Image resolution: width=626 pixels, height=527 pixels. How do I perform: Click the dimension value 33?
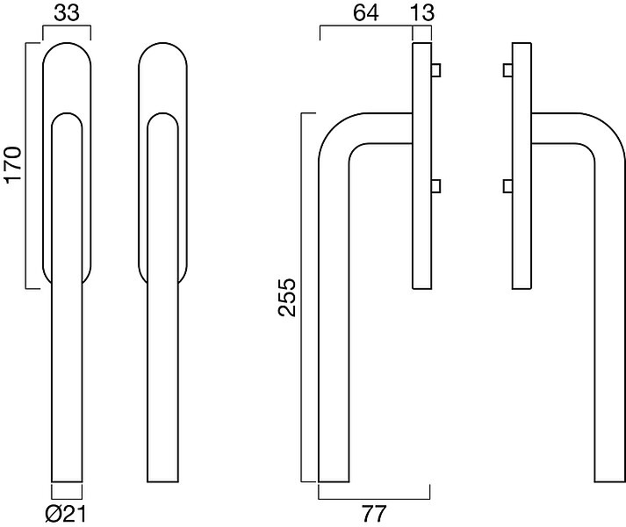click(x=67, y=13)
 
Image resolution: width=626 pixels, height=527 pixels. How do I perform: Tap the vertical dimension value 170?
click(x=12, y=165)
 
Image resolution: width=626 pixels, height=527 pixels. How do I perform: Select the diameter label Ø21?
click(x=66, y=514)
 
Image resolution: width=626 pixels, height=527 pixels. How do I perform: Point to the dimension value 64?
click(x=366, y=13)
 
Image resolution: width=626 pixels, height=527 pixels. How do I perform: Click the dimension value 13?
click(x=422, y=13)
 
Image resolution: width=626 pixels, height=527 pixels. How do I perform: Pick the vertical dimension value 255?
click(x=287, y=298)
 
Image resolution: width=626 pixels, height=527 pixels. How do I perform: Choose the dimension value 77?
click(x=374, y=514)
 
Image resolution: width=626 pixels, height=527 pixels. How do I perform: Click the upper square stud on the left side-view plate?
click(x=435, y=70)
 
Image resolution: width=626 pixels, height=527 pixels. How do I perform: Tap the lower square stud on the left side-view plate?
click(x=435, y=186)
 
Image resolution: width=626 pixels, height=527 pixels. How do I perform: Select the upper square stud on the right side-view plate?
click(x=507, y=70)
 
